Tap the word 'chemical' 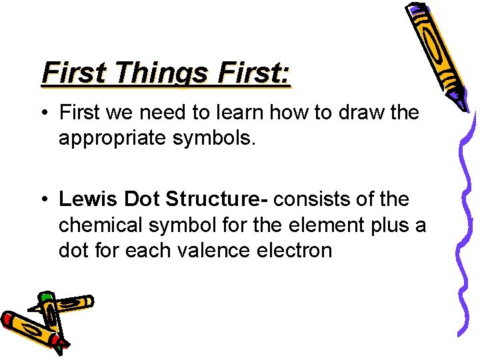pyautogui.click(x=97, y=225)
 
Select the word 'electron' pyautogui.click(x=299, y=251)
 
